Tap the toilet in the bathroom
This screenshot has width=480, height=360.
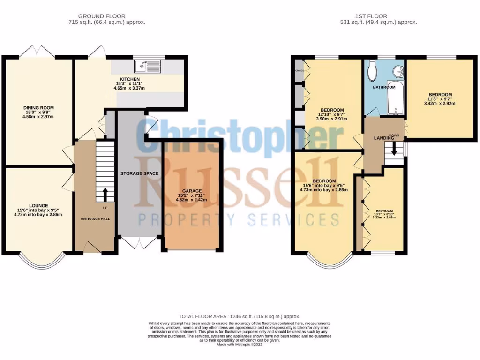click(373, 72)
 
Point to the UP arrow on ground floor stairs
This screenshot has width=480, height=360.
click(105, 193)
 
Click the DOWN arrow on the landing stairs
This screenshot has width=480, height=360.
click(394, 149)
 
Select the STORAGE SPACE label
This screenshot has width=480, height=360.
click(139, 173)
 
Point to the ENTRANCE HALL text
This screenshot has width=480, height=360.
click(96, 218)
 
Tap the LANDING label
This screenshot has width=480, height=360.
click(383, 138)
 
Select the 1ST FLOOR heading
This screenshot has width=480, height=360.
click(378, 16)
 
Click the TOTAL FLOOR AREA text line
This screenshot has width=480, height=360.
click(239, 317)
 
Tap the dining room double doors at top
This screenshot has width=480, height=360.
click(38, 51)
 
